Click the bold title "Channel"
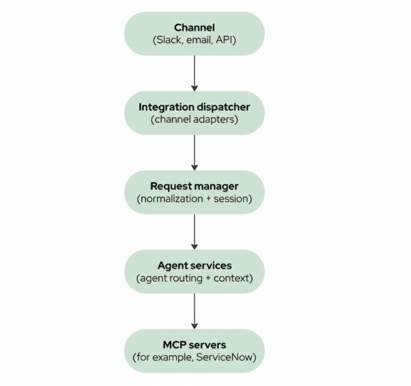coord(195,27)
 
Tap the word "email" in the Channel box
coord(200,40)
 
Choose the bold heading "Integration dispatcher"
coord(195,107)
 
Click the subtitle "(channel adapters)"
coord(195,120)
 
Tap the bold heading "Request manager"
coord(195,186)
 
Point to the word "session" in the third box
coord(230,199)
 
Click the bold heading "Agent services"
coord(195,266)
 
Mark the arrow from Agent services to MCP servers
coord(195,311)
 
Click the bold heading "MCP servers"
coord(195,345)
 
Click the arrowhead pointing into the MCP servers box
coord(195,325)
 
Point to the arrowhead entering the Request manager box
coord(195,166)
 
